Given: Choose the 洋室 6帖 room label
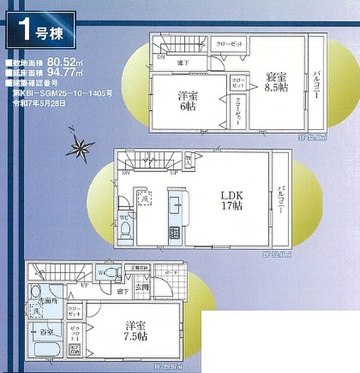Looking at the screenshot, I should click(x=188, y=100).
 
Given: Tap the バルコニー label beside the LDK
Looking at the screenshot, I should click(x=280, y=200).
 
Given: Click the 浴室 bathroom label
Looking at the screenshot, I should click(x=46, y=332).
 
